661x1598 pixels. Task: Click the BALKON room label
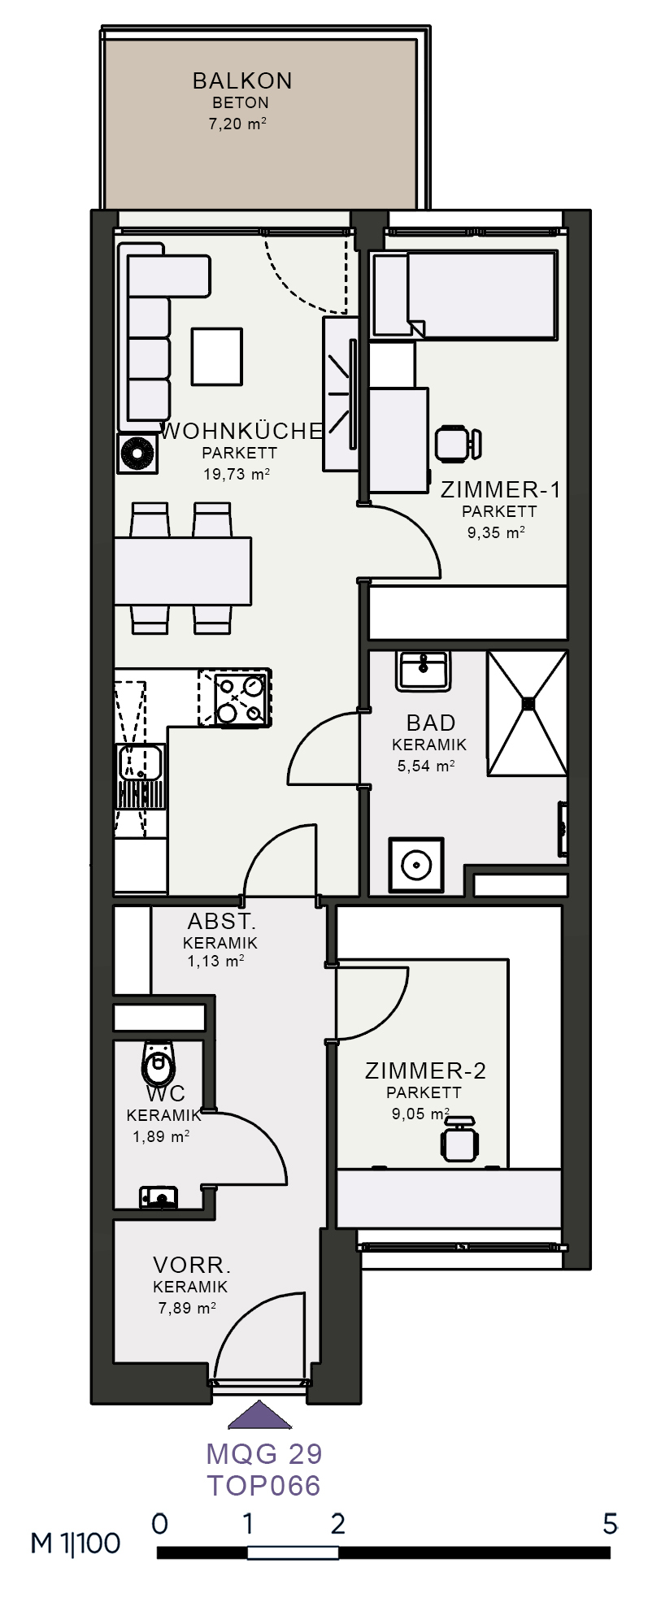[x=242, y=80]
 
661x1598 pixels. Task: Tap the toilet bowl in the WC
[x=159, y=1062]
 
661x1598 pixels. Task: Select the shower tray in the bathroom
[x=527, y=713]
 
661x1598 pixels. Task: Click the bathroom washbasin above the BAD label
[x=423, y=671]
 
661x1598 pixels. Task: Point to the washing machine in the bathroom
[x=416, y=866]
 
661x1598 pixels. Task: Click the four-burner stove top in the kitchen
[x=234, y=697]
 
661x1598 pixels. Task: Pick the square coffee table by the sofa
[x=217, y=356]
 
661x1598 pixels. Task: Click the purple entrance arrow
[x=259, y=1415]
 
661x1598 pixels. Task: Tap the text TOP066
[x=263, y=1487]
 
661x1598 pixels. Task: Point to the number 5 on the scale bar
[x=610, y=1523]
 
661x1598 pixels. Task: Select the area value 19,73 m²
[x=237, y=474]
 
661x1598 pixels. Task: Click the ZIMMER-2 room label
[x=425, y=1071]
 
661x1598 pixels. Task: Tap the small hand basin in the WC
[x=158, y=1197]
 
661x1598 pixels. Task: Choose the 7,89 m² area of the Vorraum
[x=187, y=1308]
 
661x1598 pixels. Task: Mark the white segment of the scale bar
[x=293, y=1552]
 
